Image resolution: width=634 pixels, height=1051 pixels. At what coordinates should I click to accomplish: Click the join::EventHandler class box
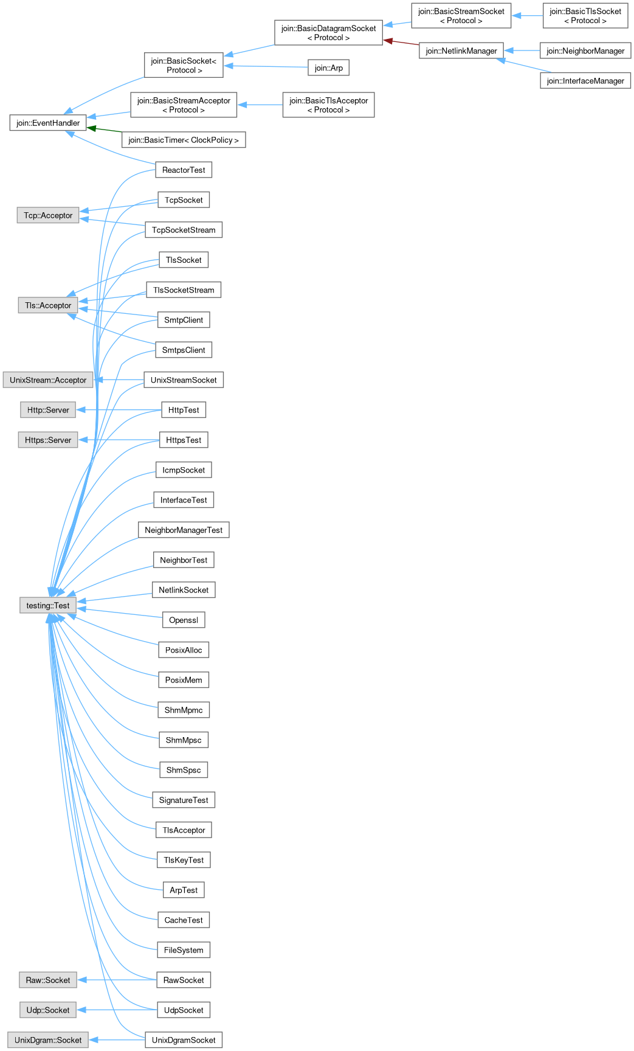click(48, 123)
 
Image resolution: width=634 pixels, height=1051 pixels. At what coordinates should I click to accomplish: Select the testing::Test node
click(48, 605)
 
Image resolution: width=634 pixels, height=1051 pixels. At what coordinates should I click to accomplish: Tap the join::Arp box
click(328, 68)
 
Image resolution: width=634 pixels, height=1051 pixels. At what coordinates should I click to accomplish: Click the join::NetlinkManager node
click(461, 51)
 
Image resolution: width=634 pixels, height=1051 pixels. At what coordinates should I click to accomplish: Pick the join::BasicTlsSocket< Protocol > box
click(585, 16)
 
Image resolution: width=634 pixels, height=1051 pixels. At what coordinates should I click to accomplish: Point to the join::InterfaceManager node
click(585, 81)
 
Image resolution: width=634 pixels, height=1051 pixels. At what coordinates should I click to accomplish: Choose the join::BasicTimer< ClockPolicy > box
click(184, 140)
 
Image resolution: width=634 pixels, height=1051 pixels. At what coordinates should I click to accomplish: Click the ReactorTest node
click(184, 170)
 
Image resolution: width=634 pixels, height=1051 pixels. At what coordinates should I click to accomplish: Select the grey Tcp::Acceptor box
click(48, 215)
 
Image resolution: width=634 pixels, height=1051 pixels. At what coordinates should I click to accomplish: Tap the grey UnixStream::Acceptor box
click(48, 380)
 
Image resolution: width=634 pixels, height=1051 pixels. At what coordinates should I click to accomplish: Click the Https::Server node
click(48, 440)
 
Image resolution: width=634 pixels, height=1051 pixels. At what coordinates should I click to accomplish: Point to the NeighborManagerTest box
click(184, 530)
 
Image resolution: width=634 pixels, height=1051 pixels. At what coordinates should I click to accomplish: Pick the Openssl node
click(184, 620)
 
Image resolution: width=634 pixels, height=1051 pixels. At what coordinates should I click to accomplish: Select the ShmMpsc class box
click(184, 740)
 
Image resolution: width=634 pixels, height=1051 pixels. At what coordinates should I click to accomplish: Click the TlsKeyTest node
click(184, 860)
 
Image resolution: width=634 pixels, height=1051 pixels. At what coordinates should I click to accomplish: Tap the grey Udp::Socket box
click(48, 1010)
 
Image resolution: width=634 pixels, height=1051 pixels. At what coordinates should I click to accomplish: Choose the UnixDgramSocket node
click(184, 1040)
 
